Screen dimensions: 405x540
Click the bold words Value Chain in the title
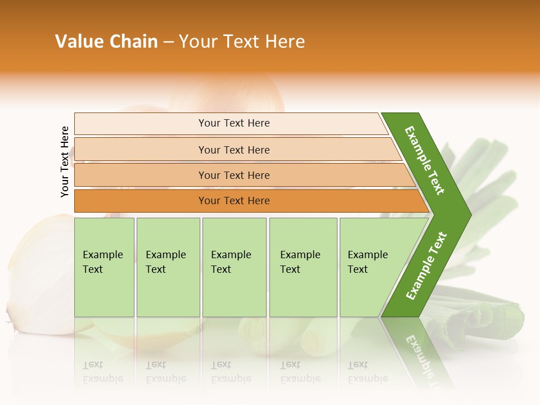point(106,42)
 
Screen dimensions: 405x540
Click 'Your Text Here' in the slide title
point(242,42)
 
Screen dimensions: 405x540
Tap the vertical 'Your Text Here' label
point(65,161)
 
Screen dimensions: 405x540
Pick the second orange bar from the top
point(234,150)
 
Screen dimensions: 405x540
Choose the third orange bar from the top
point(234,175)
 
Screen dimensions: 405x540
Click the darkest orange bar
point(234,201)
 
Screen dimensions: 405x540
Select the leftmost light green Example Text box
point(104,267)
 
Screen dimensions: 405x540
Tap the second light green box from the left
point(168,267)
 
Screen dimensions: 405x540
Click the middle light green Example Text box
point(234,267)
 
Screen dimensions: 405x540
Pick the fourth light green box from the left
point(303,267)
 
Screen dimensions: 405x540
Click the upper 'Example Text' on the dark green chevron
point(425,160)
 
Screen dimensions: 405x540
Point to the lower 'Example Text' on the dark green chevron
point(426,265)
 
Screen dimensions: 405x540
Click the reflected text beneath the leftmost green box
point(102,372)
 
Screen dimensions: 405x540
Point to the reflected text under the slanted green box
point(367,372)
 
